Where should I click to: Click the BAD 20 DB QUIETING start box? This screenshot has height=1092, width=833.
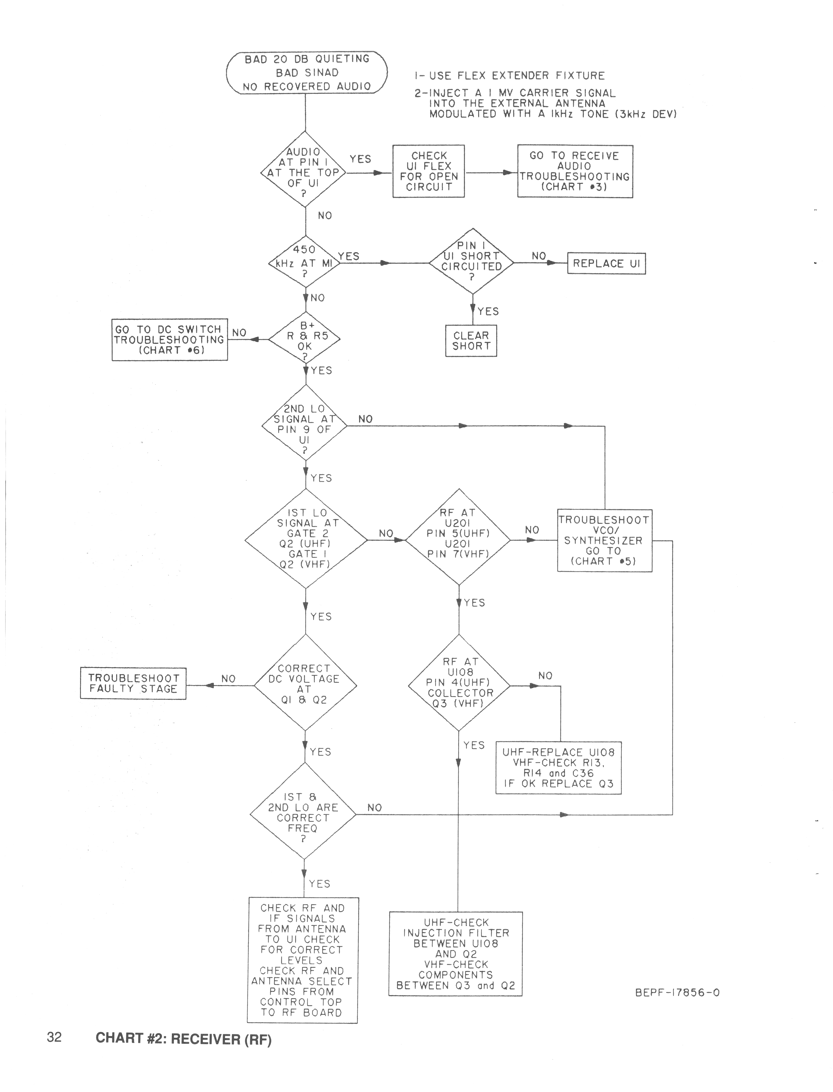point(307,73)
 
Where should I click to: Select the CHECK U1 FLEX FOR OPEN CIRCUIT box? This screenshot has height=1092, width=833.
point(428,171)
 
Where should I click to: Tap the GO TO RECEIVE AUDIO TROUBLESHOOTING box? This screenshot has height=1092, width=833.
point(575,171)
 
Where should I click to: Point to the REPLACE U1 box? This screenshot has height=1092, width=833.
point(606,263)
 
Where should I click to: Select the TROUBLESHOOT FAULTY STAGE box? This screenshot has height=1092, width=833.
point(133,684)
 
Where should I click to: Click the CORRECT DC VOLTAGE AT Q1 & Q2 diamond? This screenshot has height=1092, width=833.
point(305,685)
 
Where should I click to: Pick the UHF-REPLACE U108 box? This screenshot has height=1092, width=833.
point(558,768)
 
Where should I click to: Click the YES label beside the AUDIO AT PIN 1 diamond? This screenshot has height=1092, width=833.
point(360,159)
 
